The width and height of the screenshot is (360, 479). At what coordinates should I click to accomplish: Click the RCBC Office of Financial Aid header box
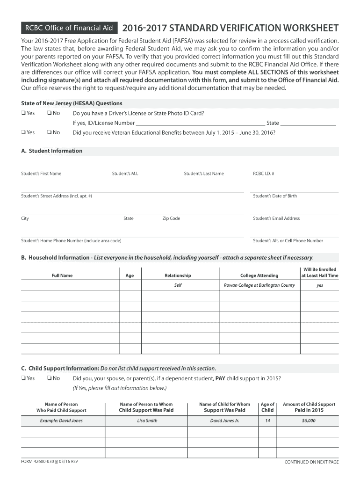(69, 28)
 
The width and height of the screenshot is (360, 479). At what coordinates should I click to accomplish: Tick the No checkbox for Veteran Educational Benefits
(49, 133)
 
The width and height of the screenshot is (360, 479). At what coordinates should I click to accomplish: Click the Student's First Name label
(41, 174)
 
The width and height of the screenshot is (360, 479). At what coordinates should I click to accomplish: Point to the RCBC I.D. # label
(263, 174)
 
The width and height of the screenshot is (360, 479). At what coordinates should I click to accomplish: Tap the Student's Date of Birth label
(274, 196)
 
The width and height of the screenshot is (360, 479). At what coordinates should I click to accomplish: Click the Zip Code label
(171, 218)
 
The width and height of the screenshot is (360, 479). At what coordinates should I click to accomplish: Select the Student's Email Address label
(276, 218)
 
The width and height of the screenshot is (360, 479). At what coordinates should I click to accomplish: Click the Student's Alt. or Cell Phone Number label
(288, 241)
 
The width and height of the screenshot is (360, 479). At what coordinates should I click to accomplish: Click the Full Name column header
(62, 276)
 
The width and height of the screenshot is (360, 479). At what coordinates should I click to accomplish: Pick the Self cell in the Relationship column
(178, 285)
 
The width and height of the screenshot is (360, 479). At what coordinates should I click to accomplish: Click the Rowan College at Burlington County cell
(259, 285)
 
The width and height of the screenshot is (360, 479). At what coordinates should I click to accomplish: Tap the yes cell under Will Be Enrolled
(320, 285)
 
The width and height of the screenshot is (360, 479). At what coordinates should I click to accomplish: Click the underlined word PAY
(221, 378)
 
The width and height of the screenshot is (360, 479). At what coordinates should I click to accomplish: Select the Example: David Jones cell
(61, 421)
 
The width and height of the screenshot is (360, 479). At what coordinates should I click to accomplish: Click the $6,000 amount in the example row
(309, 421)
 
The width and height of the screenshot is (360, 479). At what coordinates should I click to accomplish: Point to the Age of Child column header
(267, 407)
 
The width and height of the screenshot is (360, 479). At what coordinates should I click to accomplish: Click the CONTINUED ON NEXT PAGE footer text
(311, 462)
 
